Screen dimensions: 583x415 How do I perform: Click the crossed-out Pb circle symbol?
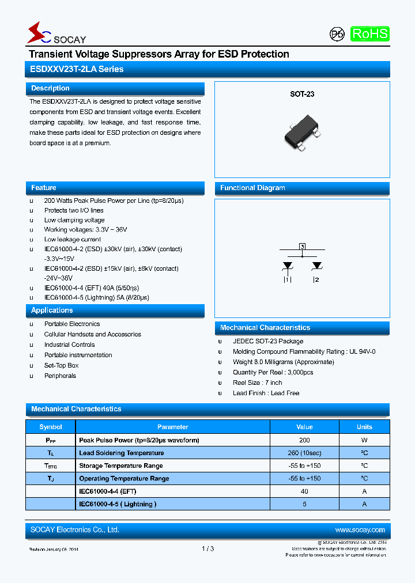(x=337, y=35)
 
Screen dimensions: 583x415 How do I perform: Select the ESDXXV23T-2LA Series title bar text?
(x=77, y=69)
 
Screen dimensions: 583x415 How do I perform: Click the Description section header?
(x=50, y=89)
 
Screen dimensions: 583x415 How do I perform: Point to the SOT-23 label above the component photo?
(x=301, y=94)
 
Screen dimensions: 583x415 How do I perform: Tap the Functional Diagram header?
(x=252, y=188)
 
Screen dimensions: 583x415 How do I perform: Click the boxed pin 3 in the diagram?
(x=302, y=247)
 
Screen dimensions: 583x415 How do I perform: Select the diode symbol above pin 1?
(x=287, y=266)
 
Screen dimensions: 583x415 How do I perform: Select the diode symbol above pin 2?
(x=316, y=266)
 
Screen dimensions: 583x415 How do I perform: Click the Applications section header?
(x=52, y=311)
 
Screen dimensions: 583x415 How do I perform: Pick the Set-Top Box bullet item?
(x=61, y=366)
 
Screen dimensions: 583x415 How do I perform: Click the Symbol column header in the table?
(x=51, y=427)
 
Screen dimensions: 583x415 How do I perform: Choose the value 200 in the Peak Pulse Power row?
(x=304, y=440)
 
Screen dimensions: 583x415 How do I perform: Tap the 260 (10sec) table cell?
(x=304, y=453)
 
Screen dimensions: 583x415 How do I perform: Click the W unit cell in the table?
(x=364, y=440)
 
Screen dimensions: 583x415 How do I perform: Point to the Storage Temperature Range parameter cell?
(x=120, y=466)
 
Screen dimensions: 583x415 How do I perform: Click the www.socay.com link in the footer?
(x=360, y=530)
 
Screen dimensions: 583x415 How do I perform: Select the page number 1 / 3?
(x=207, y=549)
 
